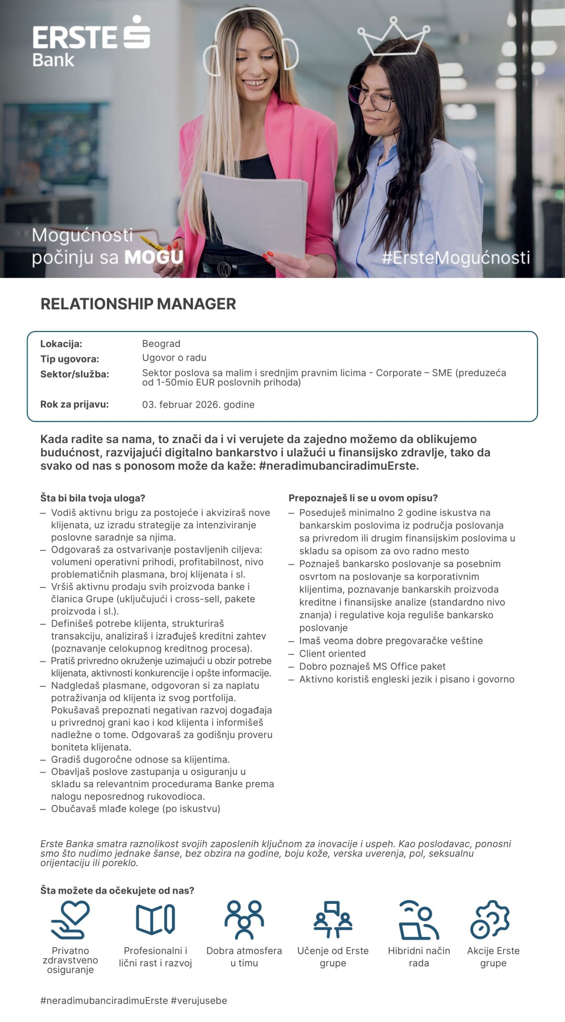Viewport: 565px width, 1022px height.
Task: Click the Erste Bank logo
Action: click(x=91, y=41)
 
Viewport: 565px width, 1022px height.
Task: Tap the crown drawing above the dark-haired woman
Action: click(x=393, y=37)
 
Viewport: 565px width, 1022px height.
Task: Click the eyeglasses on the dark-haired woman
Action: click(x=371, y=97)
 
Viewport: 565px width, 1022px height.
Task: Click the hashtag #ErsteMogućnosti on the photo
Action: click(x=456, y=258)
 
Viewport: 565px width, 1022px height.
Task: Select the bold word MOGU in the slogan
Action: click(x=153, y=258)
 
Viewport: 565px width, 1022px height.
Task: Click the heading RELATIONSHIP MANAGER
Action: click(x=138, y=304)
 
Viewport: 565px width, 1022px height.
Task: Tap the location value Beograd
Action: click(x=161, y=344)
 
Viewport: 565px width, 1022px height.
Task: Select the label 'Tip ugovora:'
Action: click(x=70, y=359)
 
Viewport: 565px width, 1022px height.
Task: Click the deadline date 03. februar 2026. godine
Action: click(x=198, y=404)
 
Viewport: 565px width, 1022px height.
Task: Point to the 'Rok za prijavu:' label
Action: click(x=74, y=404)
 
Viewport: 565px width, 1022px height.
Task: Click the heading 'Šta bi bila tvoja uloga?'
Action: click(x=93, y=498)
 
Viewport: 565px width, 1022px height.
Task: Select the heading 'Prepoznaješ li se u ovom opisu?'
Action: click(x=363, y=498)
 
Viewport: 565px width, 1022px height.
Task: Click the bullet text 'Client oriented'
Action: click(x=332, y=653)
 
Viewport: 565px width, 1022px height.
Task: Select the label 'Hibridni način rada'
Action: click(x=419, y=957)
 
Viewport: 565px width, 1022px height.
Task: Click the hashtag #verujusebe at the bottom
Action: click(x=199, y=1000)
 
